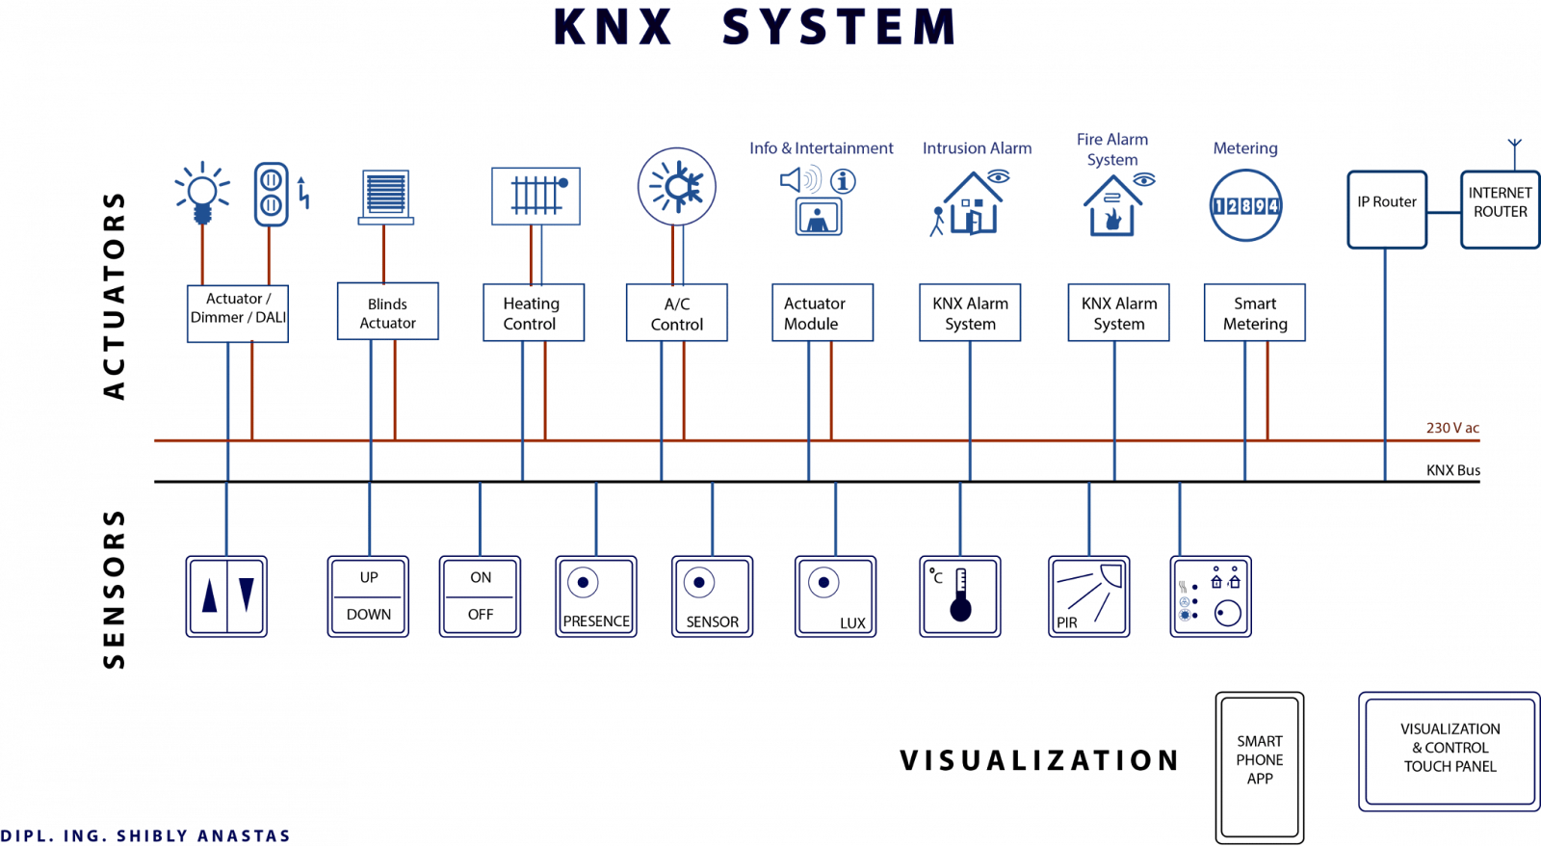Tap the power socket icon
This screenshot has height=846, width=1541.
271,194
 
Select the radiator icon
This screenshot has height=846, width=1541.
535,197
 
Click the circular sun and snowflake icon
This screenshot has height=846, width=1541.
677,186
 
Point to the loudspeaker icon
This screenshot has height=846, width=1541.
800,179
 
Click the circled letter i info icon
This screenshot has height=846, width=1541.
843,181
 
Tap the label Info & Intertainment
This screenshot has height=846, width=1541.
822,148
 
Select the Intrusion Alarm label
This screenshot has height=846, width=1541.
977,148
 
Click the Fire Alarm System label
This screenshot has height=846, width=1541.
1112,149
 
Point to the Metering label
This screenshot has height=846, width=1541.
1245,148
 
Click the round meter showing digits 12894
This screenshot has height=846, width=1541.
1245,205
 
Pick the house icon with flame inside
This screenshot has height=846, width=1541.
1112,208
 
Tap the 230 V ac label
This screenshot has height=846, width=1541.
1452,427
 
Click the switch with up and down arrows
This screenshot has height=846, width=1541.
227,596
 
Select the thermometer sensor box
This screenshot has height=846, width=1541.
960,596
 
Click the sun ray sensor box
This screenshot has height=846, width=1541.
1089,596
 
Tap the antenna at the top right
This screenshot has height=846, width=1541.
1514,151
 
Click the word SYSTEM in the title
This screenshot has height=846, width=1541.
839,28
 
